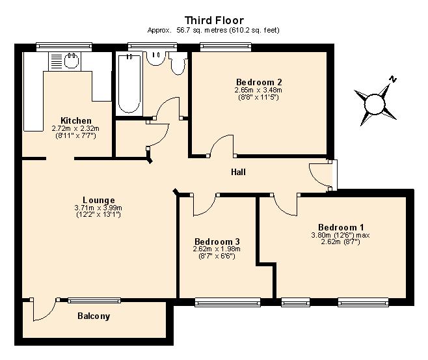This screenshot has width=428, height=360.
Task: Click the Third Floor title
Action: (214, 20)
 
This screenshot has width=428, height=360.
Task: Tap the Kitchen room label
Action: (76, 120)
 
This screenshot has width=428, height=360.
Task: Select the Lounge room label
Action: (98, 201)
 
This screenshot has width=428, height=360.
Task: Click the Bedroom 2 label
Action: (259, 82)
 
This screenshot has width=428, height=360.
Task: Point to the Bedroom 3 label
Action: (217, 242)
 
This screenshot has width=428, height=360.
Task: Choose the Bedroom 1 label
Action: (341, 227)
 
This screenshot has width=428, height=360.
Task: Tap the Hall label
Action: (238, 172)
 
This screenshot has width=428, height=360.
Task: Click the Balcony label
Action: (94, 316)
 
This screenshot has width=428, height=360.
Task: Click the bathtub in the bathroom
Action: (129, 83)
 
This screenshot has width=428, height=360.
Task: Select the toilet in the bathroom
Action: (178, 64)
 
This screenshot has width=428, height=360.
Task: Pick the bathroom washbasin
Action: (155, 58)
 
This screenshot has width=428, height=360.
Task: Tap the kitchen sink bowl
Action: (72, 61)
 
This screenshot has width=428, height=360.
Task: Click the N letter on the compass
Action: (393, 79)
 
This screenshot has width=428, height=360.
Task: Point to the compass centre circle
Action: (375, 104)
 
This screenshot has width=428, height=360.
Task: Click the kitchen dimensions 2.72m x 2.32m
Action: (75, 128)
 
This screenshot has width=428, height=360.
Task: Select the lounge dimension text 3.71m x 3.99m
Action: (98, 208)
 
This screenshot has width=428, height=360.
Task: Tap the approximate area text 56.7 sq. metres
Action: (202, 30)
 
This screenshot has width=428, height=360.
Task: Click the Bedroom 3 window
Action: (228, 302)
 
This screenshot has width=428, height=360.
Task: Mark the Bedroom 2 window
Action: (226, 47)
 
